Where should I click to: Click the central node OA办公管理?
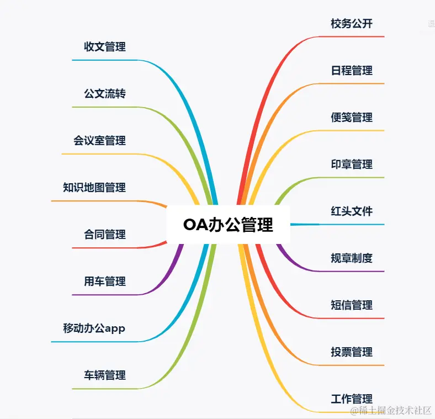[228, 225]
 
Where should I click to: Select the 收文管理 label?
[105, 47]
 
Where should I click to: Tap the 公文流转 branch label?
[105, 94]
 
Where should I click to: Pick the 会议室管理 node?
[99, 141]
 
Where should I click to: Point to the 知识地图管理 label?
[94, 188]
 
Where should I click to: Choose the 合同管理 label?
[105, 235]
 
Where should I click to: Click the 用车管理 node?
[105, 282]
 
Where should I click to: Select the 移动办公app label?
[94, 328]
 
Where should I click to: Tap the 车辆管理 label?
[105, 375]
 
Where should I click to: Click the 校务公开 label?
[352, 24]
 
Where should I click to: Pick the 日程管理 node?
[352, 71]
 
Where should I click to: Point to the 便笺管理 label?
[352, 118]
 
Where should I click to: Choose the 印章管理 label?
[352, 165]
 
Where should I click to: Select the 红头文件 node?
[352, 211]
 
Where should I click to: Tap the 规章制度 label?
[352, 258]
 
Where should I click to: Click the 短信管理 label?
[352, 305]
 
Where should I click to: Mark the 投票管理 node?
[352, 352]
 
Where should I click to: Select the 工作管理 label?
[352, 399]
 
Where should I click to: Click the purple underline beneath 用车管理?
[105, 295]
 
